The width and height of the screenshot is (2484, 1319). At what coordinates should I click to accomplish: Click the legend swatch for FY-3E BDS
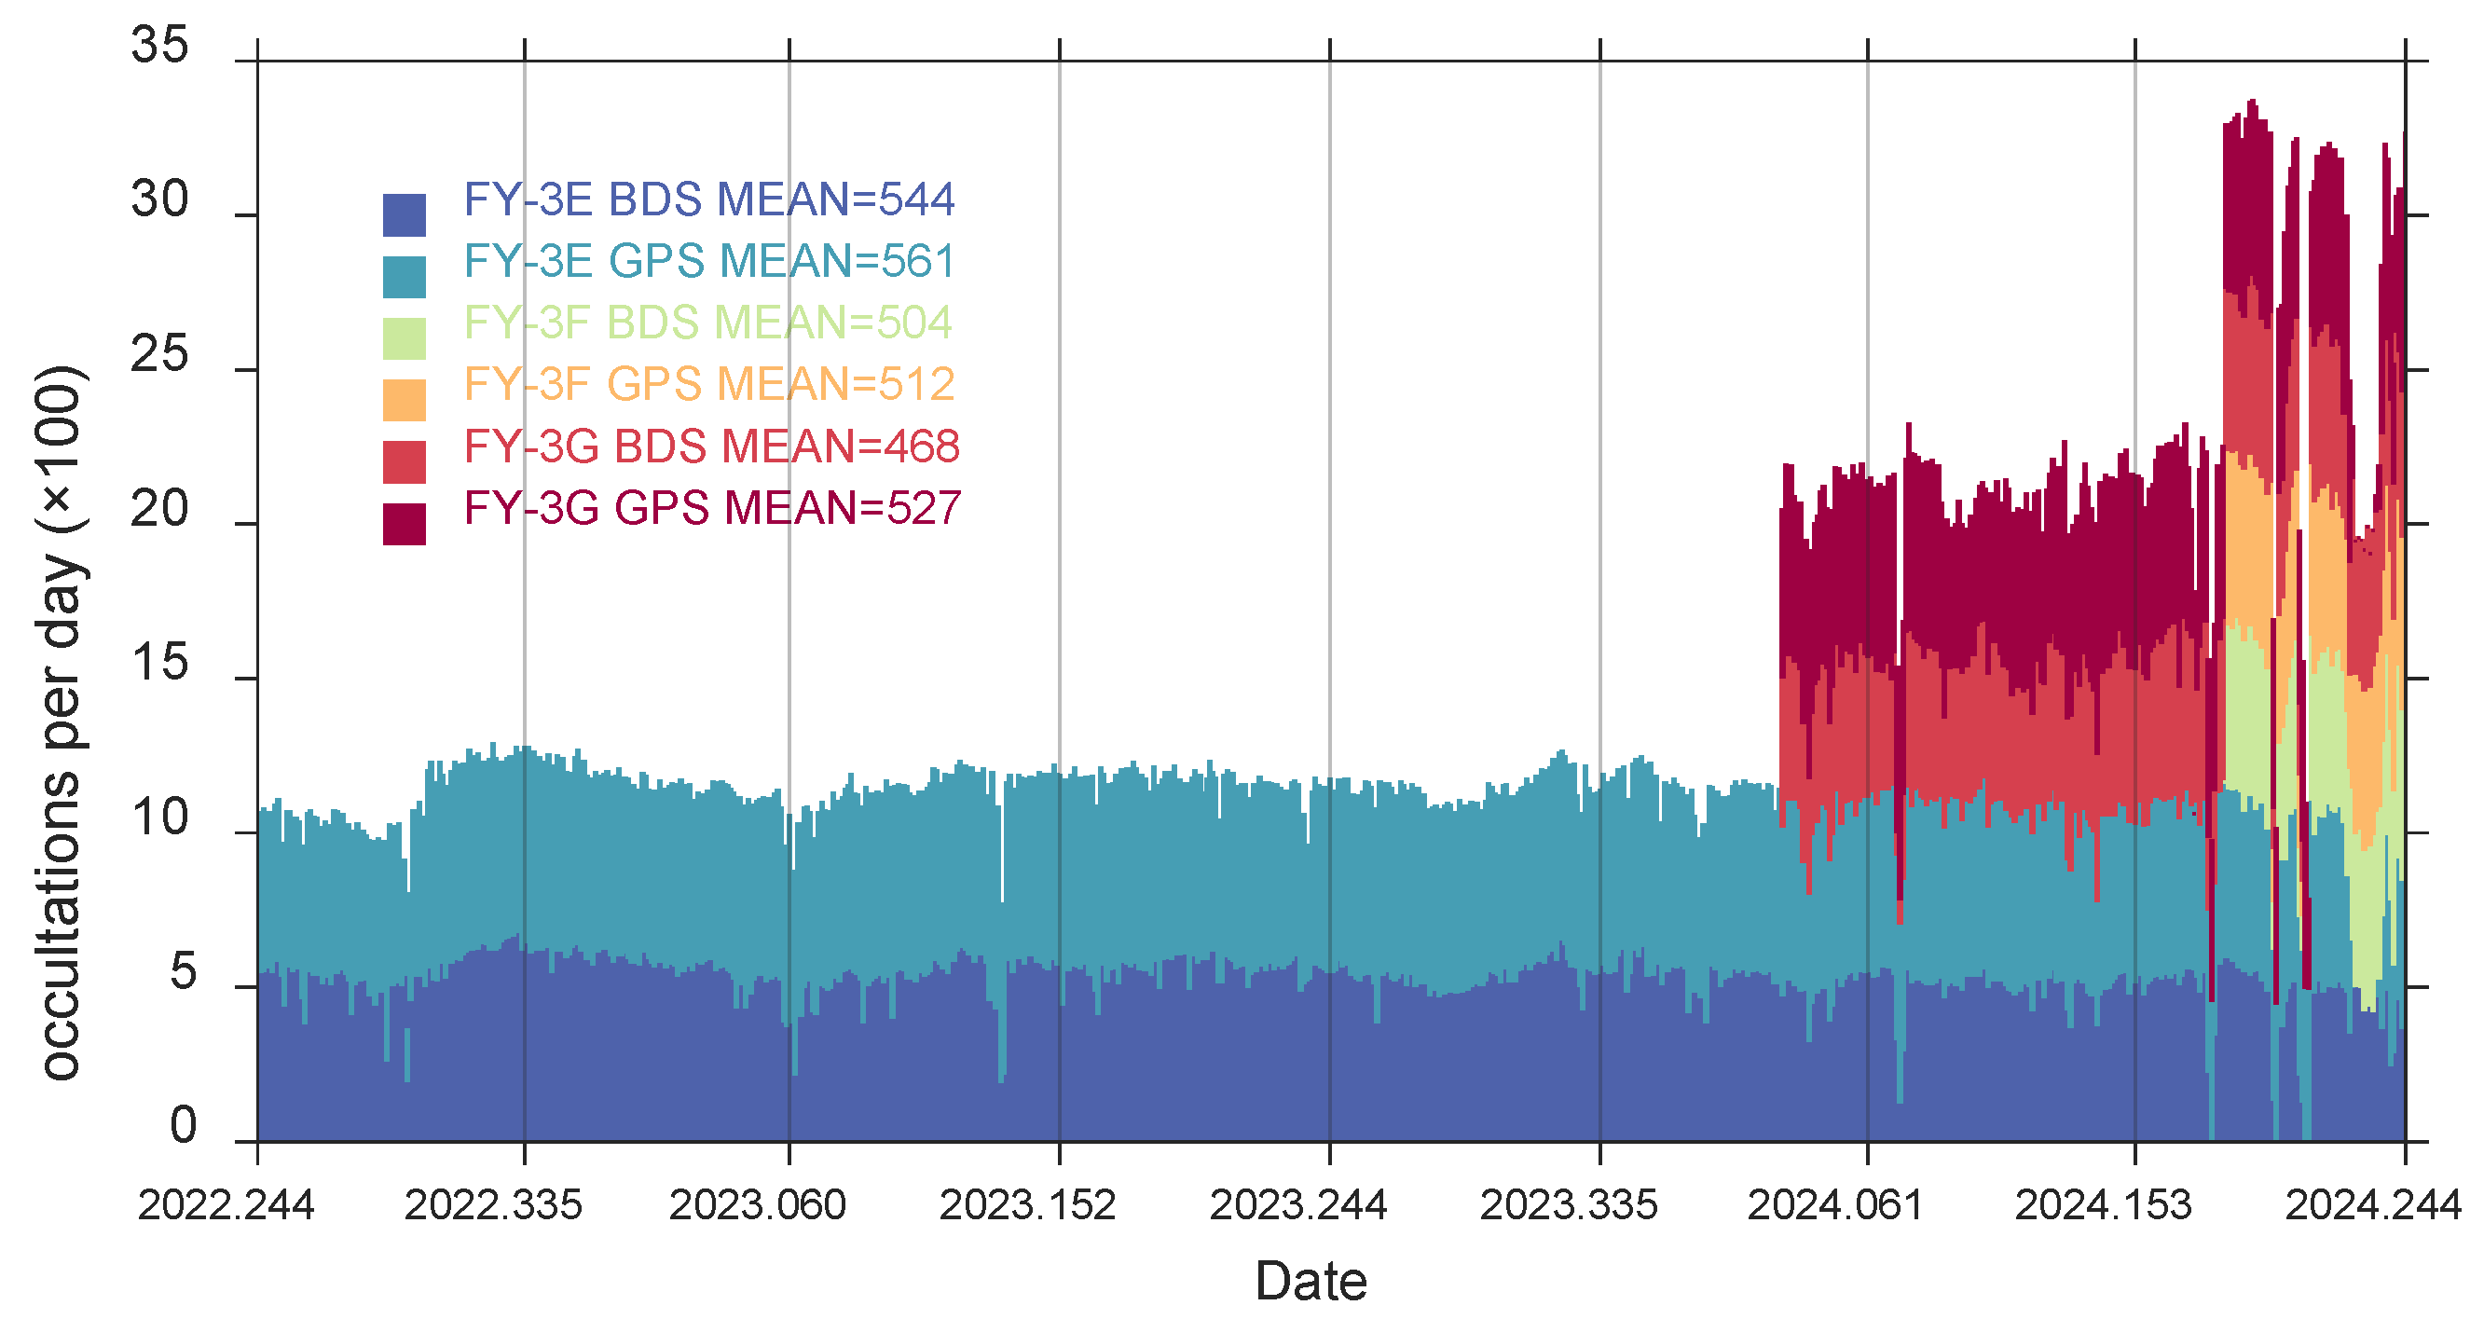(x=404, y=215)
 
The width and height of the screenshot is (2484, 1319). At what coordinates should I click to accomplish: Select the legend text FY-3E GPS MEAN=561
(x=708, y=261)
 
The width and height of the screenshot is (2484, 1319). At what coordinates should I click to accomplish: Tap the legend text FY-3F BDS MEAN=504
(x=707, y=323)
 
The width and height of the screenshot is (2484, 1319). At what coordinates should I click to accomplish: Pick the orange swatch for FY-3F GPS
(x=404, y=400)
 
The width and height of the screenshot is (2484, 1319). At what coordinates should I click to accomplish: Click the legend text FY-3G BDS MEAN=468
(x=711, y=447)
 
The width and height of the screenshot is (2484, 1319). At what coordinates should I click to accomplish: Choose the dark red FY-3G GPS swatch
(x=404, y=524)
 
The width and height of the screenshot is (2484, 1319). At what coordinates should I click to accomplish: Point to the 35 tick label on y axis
(x=160, y=46)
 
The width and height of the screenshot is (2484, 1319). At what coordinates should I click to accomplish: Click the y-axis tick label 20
(x=160, y=509)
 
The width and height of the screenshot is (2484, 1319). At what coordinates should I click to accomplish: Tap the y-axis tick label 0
(x=183, y=1126)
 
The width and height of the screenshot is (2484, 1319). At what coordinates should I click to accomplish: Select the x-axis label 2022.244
(x=226, y=1206)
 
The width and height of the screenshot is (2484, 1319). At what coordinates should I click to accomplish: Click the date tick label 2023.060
(x=757, y=1206)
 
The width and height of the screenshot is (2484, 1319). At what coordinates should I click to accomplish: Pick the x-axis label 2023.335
(x=1568, y=1206)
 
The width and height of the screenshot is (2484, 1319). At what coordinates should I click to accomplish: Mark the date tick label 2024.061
(x=1835, y=1206)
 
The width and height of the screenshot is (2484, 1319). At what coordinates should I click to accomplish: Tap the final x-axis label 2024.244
(x=2373, y=1206)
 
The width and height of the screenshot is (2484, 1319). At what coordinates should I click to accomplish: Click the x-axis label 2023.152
(x=1027, y=1206)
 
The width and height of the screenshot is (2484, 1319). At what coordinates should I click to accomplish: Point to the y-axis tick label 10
(x=160, y=818)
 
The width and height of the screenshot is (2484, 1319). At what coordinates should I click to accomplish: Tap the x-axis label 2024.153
(x=2103, y=1206)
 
